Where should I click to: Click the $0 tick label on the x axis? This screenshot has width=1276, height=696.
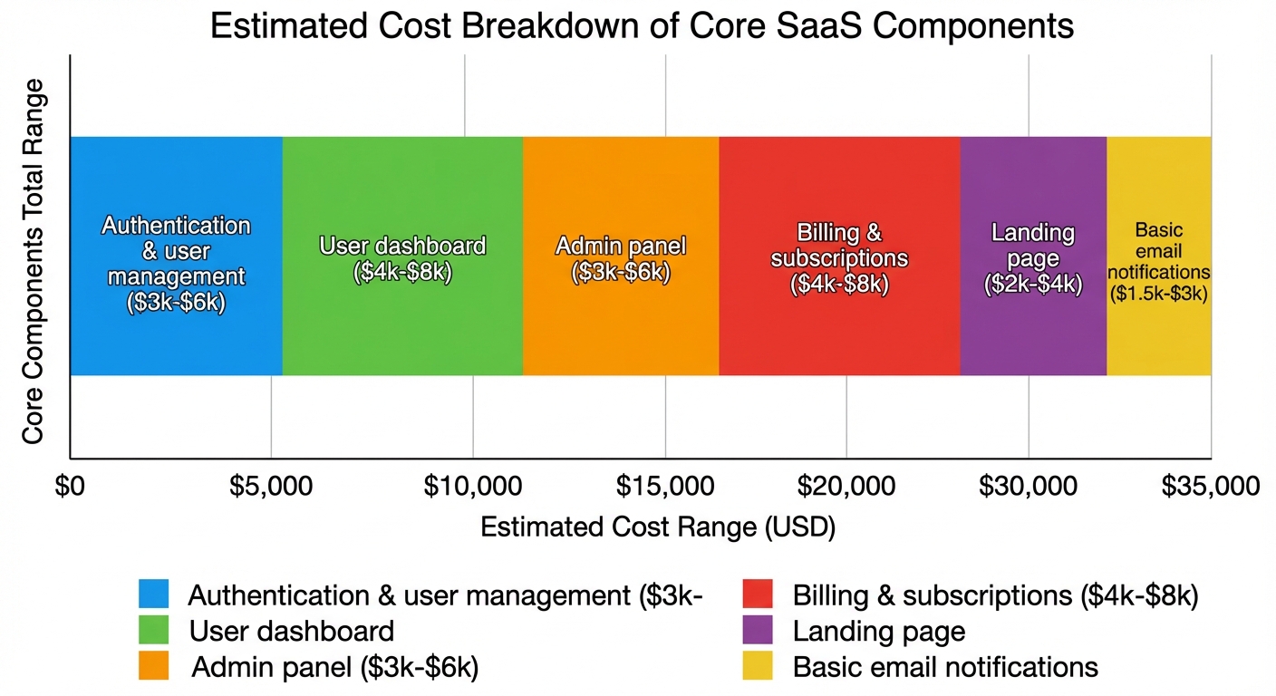tap(70, 487)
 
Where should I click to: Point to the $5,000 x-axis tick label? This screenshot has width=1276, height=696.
tap(271, 487)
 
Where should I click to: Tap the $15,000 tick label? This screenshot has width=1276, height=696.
tap(665, 487)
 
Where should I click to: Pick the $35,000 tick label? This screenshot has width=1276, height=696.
tap(1211, 487)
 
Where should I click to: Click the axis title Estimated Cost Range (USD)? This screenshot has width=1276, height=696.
tap(657, 527)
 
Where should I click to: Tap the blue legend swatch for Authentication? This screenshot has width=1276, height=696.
tap(153, 594)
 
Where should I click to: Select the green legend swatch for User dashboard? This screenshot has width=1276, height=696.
tap(153, 631)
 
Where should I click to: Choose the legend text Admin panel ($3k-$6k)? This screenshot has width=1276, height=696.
tap(334, 668)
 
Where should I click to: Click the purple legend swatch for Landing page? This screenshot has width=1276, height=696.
tap(758, 631)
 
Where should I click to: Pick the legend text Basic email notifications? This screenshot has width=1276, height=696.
tap(945, 668)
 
